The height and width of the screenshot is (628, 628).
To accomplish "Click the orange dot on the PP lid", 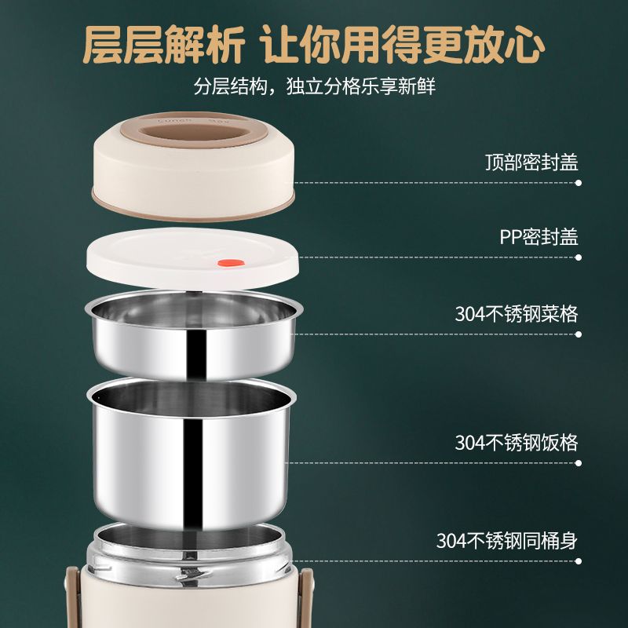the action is pyautogui.click(x=231, y=263).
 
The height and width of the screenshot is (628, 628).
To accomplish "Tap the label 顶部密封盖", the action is pyautogui.click(x=531, y=162).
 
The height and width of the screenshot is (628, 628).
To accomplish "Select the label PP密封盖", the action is pyautogui.click(x=539, y=237).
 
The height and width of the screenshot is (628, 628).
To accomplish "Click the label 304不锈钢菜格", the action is pyautogui.click(x=517, y=313).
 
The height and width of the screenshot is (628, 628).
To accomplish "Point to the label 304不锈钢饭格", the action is pyautogui.click(x=517, y=443).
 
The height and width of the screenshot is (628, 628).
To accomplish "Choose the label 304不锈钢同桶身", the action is pyautogui.click(x=506, y=540).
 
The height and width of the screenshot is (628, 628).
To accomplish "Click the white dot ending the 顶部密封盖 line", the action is pyautogui.click(x=579, y=183).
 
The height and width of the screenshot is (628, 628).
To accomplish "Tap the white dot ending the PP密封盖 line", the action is pyautogui.click(x=579, y=257).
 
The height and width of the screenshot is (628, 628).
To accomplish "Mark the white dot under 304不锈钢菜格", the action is pyautogui.click(x=579, y=334).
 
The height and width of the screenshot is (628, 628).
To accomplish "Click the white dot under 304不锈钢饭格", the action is pyautogui.click(x=579, y=463).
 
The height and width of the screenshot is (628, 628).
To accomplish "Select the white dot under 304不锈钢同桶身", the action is pyautogui.click(x=579, y=561).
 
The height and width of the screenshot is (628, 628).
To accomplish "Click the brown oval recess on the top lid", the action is pyautogui.click(x=195, y=132).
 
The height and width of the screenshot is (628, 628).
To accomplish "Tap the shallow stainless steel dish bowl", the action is pyautogui.click(x=194, y=334).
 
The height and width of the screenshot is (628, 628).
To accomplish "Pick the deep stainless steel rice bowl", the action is pyautogui.click(x=192, y=453).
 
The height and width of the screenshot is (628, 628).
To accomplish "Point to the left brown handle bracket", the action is pyautogui.click(x=72, y=597).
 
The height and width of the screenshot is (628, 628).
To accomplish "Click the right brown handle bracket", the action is pyautogui.click(x=307, y=597).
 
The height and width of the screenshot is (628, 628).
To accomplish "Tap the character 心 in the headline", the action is pyautogui.click(x=524, y=44).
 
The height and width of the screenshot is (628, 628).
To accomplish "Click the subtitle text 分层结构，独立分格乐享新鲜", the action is pyautogui.click(x=315, y=86).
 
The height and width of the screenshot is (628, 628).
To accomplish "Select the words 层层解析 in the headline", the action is pyautogui.click(x=163, y=44).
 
